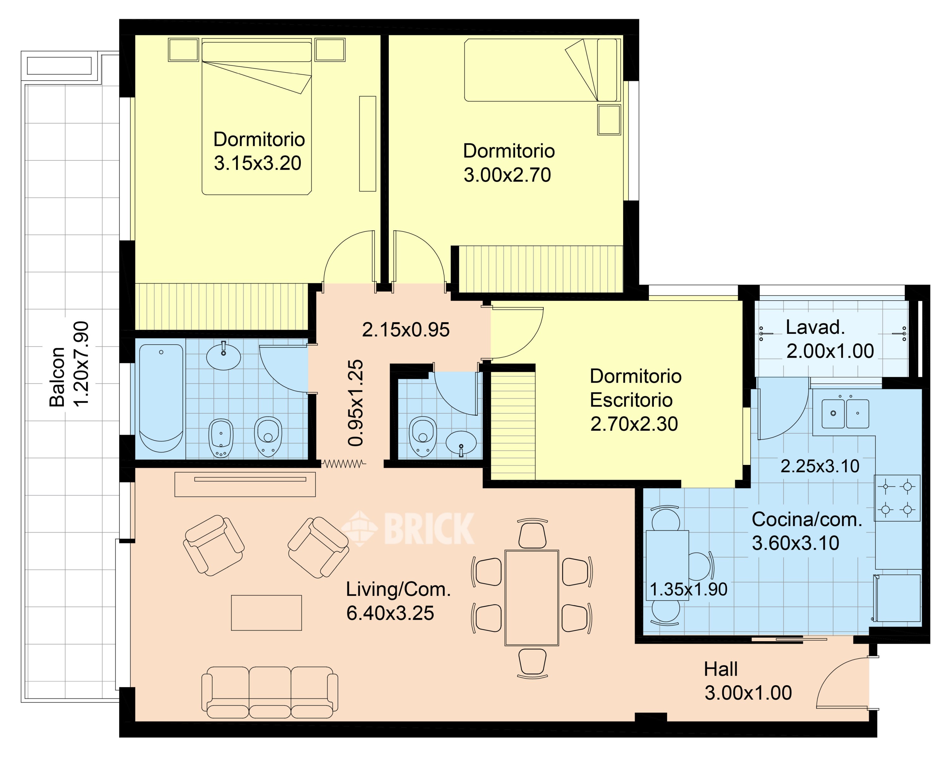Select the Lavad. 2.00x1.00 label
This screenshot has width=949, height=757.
(x=830, y=339)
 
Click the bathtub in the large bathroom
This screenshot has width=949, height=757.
(x=161, y=398)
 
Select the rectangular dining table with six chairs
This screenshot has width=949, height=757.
(x=532, y=597)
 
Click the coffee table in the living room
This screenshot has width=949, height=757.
(x=266, y=613)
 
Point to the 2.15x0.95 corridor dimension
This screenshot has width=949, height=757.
(x=406, y=330)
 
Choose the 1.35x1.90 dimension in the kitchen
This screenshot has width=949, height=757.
(x=688, y=589)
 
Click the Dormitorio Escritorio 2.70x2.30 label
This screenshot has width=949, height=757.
(x=635, y=400)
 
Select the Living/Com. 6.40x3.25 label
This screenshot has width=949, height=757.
(x=398, y=601)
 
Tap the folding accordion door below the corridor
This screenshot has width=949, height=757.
(x=343, y=464)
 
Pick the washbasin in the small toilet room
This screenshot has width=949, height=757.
(x=461, y=443)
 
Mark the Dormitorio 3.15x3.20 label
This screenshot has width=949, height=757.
(x=259, y=151)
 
